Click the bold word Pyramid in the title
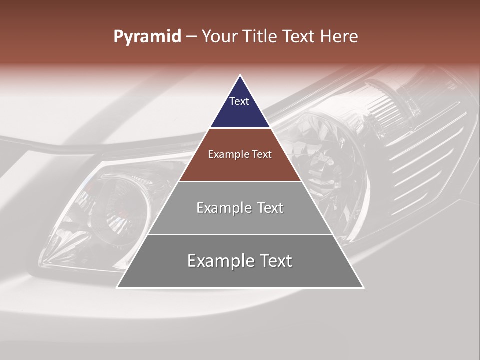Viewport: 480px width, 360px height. point(147,37)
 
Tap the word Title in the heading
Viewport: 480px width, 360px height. point(262,37)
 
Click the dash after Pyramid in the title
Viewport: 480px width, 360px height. point(191,37)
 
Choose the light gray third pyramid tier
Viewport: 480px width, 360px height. point(240,220)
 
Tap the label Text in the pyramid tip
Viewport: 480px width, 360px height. point(239,101)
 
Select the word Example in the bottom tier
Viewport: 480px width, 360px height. point(217,261)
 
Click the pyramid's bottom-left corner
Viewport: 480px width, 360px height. point(117,287)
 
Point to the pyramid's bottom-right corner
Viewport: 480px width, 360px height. point(363,287)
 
